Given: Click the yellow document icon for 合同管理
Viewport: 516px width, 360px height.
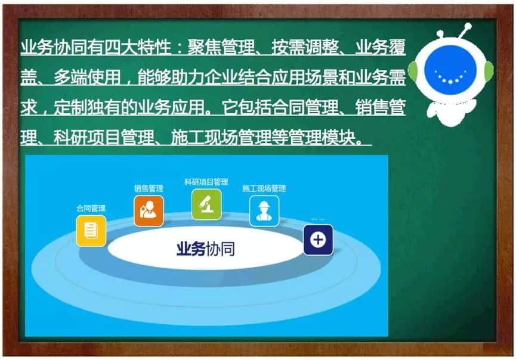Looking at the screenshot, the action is [x=91, y=231].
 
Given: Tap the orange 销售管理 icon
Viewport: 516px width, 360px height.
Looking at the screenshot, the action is [x=149, y=211].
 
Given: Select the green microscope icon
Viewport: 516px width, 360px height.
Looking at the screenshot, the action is [x=206, y=204].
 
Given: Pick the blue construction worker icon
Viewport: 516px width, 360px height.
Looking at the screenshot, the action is [x=264, y=211].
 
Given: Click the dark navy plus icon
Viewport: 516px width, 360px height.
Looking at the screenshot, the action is [x=318, y=240].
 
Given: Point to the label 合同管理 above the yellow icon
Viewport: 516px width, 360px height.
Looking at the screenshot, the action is [x=91, y=208].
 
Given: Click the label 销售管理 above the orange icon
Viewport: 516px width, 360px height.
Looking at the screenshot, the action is [x=149, y=188].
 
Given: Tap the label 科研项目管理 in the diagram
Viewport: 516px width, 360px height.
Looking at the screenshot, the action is [x=206, y=182].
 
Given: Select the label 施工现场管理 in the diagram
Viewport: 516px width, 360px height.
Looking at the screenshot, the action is [x=264, y=188].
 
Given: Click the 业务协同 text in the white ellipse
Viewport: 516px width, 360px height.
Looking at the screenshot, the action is [x=206, y=249].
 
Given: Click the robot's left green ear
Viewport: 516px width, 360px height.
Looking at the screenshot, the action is [x=413, y=70].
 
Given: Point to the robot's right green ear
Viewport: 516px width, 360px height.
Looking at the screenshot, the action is [x=489, y=70].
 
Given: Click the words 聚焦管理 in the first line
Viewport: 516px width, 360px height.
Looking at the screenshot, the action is [x=221, y=47].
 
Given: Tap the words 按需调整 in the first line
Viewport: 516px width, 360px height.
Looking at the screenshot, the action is [x=305, y=47].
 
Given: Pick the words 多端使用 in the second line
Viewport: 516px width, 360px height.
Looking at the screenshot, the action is [x=87, y=77].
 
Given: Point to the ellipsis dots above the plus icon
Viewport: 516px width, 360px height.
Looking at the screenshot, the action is [x=318, y=219].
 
